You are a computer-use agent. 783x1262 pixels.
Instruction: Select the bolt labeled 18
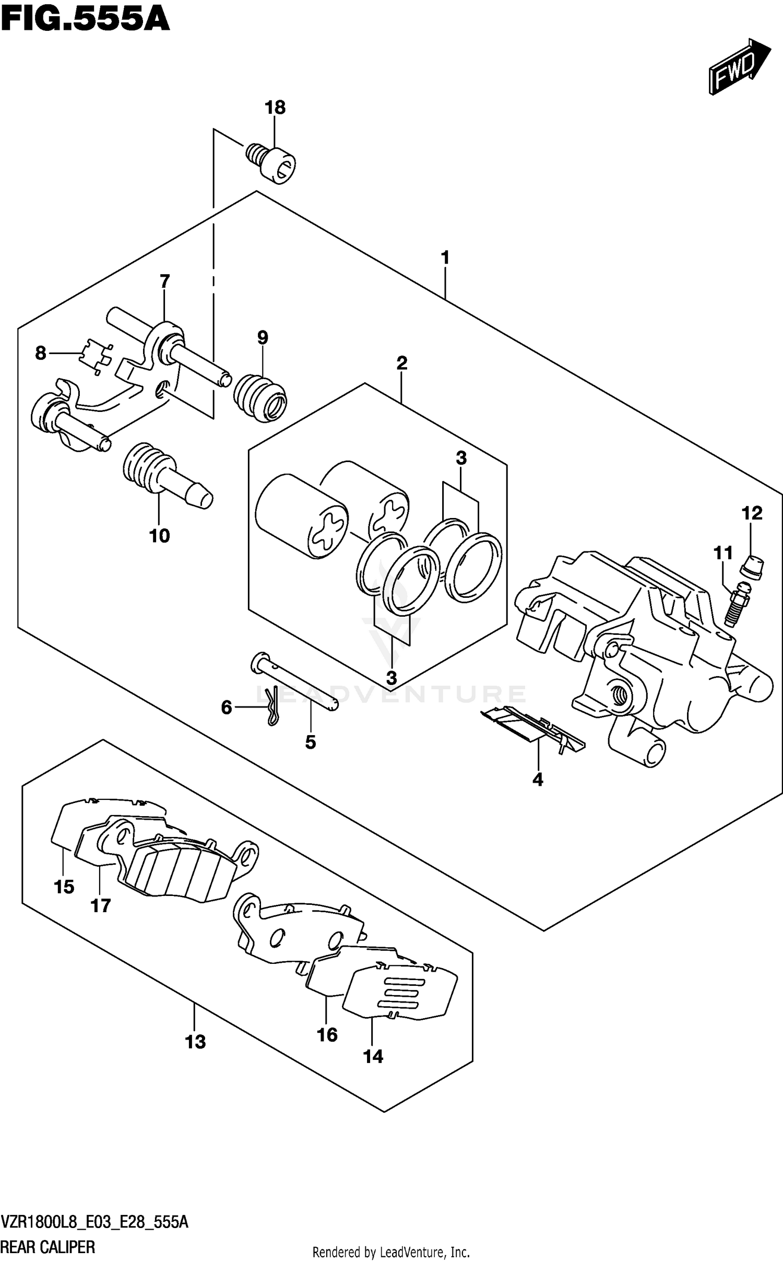[x=270, y=163]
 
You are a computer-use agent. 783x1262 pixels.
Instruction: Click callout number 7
[x=164, y=281]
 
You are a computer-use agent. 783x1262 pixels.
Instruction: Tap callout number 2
[x=401, y=362]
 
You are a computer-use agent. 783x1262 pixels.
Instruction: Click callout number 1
[x=445, y=257]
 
